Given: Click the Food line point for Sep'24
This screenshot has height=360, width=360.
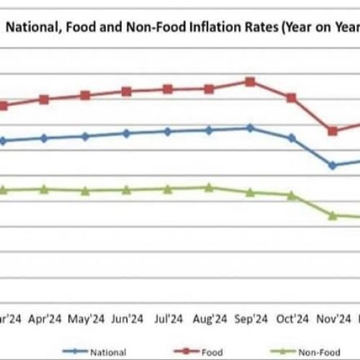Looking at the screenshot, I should [250, 81].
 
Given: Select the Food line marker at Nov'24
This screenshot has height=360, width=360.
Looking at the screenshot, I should [333, 131].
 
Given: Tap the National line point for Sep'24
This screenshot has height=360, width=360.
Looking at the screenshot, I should [250, 128].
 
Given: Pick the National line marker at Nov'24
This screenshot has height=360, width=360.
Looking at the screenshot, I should [333, 166].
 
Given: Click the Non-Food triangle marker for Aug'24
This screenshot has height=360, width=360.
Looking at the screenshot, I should [209, 187].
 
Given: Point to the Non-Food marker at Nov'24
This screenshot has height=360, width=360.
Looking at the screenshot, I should [333, 215].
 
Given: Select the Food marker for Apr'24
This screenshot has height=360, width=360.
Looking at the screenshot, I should [44, 99].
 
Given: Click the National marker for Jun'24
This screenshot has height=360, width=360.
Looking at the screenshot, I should [127, 133].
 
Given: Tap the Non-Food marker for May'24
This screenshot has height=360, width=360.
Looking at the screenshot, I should [85, 191].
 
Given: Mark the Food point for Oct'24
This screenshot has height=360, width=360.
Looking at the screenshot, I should [292, 97].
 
